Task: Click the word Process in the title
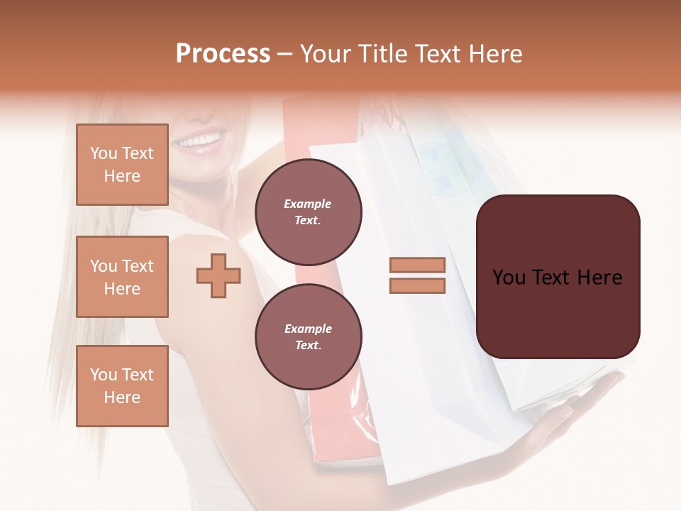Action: click(x=223, y=54)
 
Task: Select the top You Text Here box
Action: click(x=122, y=165)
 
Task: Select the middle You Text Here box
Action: click(x=122, y=277)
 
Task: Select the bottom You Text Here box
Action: click(x=122, y=385)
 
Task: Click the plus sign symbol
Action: click(x=218, y=275)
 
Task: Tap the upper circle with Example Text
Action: click(x=309, y=211)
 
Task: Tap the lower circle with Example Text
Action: click(x=309, y=336)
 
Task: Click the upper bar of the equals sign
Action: click(x=417, y=265)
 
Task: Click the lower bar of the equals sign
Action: click(x=417, y=285)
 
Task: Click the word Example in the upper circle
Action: click(x=308, y=204)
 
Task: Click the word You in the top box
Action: click(x=103, y=153)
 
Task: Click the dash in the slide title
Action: click(x=285, y=54)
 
